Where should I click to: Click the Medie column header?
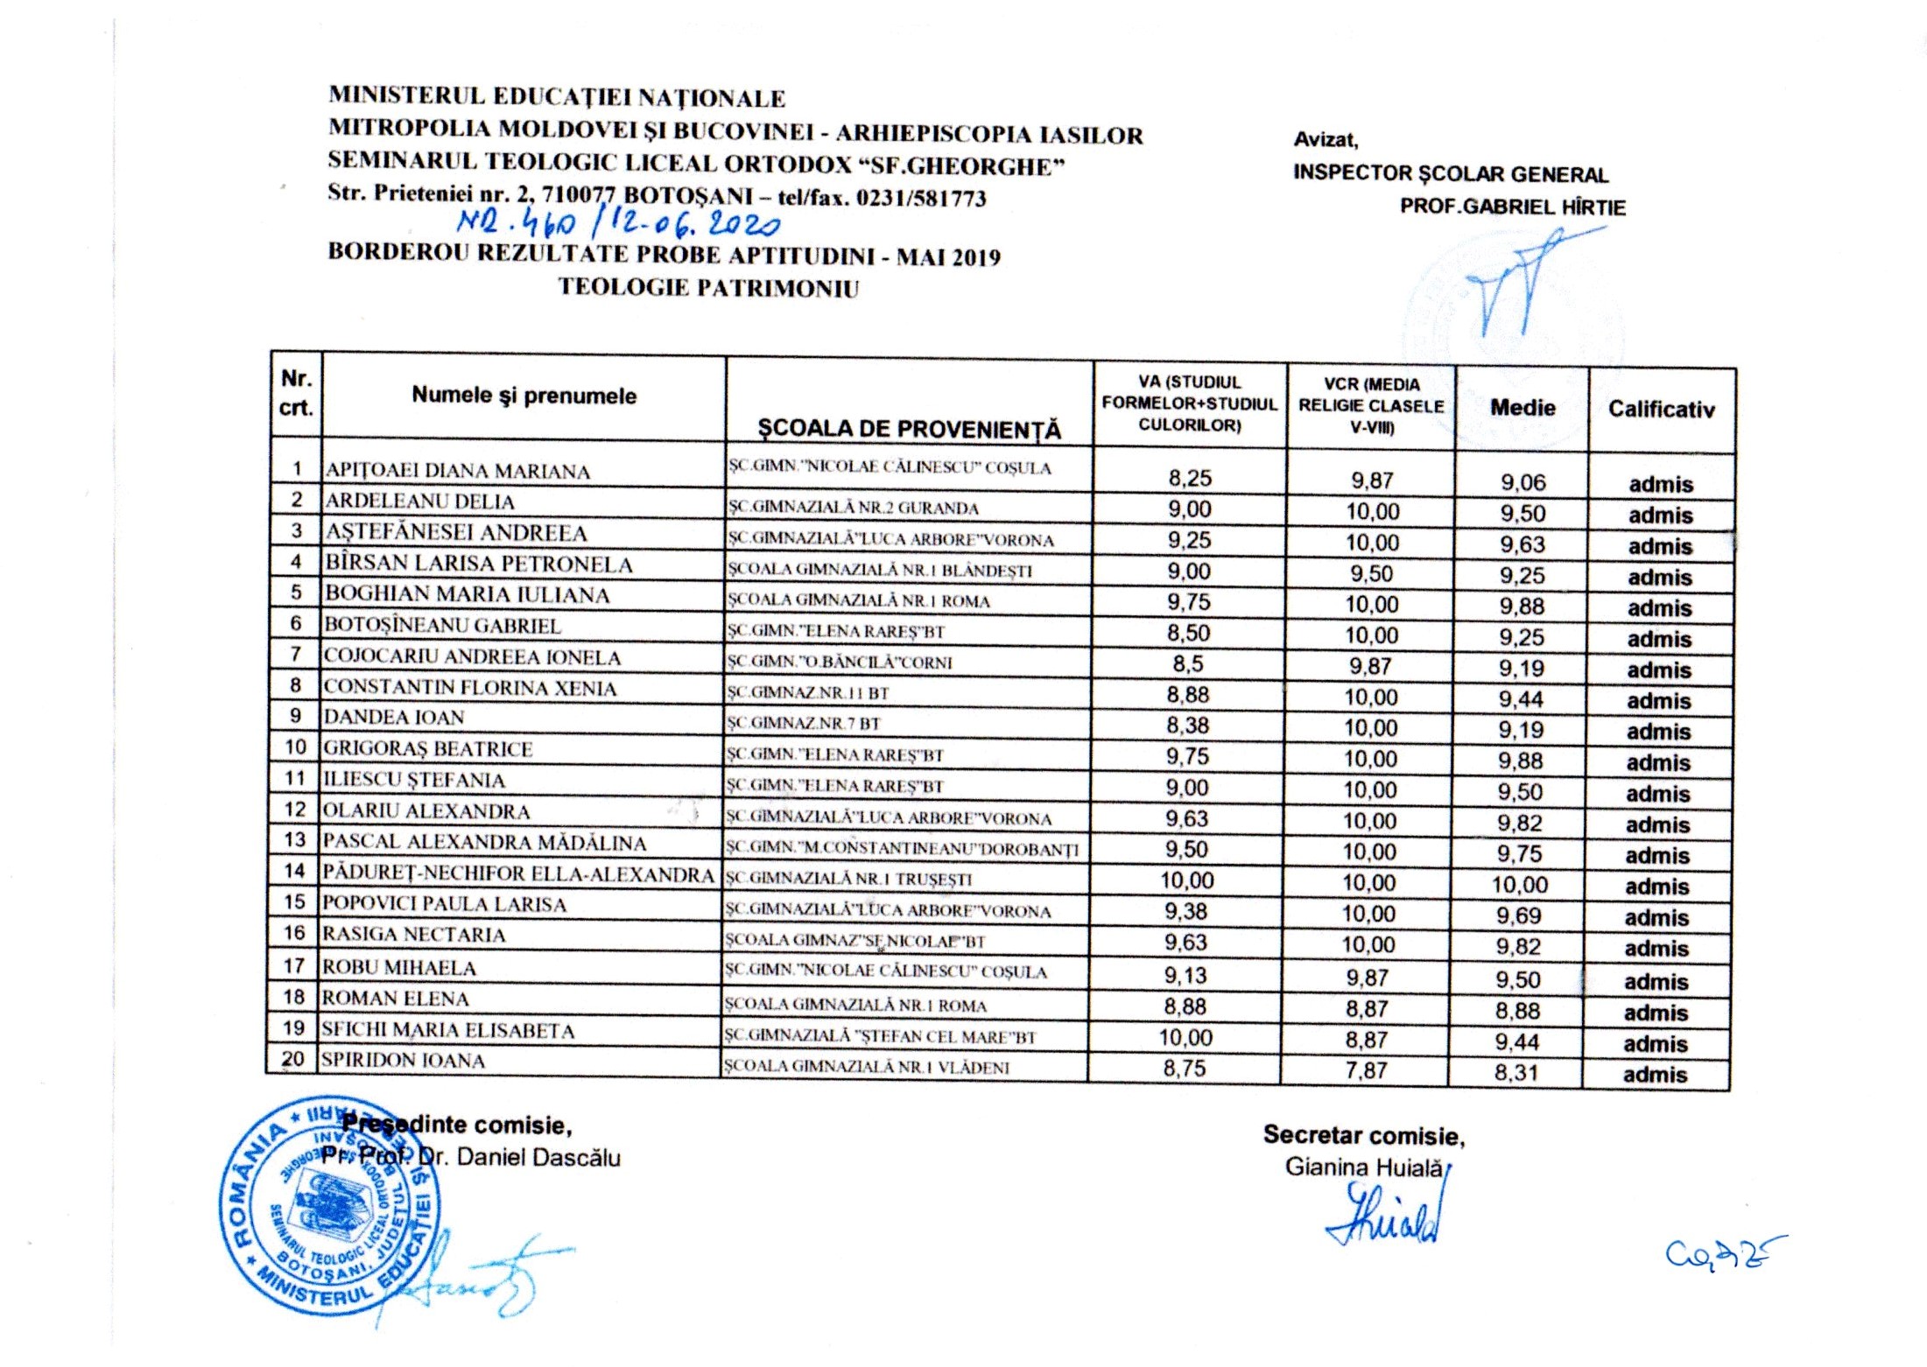coord(1523,408)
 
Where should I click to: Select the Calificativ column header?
coord(1661,410)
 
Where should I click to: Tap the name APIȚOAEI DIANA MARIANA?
coord(457,472)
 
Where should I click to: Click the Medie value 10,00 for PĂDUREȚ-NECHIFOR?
coord(1520,885)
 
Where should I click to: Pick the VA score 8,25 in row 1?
coord(1190,478)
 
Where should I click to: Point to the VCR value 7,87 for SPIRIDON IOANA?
coord(1367,1070)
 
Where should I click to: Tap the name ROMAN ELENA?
coord(396,999)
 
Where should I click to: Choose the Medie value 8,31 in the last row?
coord(1516,1072)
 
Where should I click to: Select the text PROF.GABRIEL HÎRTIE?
coord(1513,207)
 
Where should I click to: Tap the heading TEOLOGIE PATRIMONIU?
coord(708,288)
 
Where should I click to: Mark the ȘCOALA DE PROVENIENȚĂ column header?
coord(909,429)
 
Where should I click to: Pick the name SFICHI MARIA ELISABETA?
coord(447,1030)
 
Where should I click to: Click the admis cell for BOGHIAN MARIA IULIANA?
coord(1659,608)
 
